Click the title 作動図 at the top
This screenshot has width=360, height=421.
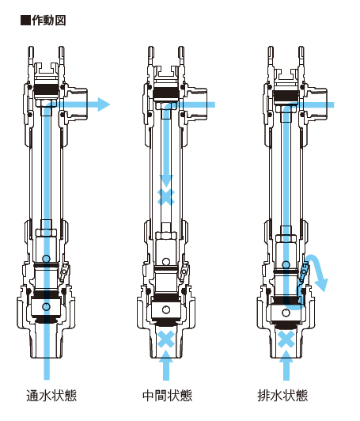49,21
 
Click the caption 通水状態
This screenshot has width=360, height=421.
51,396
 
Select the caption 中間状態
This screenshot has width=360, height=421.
168,396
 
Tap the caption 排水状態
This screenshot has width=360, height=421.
282,396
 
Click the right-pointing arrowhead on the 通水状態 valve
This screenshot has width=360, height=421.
104,104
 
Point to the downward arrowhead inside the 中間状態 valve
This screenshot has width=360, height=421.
166,181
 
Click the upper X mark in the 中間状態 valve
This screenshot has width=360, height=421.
166,197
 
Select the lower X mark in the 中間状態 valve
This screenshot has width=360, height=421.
166,339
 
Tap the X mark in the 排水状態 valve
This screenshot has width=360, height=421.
286,339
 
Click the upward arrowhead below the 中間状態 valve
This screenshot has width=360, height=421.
166,356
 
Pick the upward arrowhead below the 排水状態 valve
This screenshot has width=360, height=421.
286,356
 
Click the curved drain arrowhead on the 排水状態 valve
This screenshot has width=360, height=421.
322,286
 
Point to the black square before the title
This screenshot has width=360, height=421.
25,21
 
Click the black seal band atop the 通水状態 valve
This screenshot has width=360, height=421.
46,92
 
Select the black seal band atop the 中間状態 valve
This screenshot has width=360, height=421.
166,93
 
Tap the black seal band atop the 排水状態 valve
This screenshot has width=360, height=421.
286,94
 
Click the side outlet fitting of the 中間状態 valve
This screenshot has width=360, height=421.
198,104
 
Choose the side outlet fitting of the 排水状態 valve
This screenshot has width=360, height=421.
317,104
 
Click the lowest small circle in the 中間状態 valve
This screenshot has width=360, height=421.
166,309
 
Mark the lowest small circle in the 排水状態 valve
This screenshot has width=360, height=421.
286,313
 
